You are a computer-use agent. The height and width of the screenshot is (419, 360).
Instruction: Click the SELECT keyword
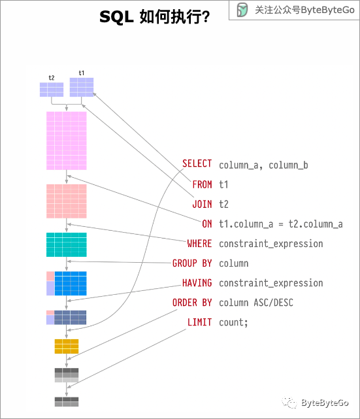197,164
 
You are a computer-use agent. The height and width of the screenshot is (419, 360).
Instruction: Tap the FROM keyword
202,184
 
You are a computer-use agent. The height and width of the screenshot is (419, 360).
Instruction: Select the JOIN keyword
202,204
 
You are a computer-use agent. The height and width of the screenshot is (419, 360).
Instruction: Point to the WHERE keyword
199,244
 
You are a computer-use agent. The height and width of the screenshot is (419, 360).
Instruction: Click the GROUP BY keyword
192,263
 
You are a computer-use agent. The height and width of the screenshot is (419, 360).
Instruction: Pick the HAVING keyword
197,283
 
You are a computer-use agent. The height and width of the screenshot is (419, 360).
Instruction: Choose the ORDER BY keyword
192,303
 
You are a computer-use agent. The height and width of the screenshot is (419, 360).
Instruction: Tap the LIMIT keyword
199,323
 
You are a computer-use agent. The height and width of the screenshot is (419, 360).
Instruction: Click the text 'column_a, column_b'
263,165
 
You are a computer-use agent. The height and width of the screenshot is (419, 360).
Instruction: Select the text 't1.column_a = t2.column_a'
280,224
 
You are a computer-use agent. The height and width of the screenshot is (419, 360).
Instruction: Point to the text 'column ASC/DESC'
255,303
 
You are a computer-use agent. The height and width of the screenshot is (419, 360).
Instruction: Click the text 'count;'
234,323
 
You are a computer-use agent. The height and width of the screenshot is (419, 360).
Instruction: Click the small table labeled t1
82,87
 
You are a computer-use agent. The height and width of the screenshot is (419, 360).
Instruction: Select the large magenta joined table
67,141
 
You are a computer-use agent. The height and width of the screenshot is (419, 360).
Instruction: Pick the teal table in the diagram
67,244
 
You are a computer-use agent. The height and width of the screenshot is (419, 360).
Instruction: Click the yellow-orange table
67,346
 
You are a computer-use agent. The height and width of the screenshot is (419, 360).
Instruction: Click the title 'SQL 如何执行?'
154,17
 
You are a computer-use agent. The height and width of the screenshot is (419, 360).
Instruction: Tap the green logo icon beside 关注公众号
242,10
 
